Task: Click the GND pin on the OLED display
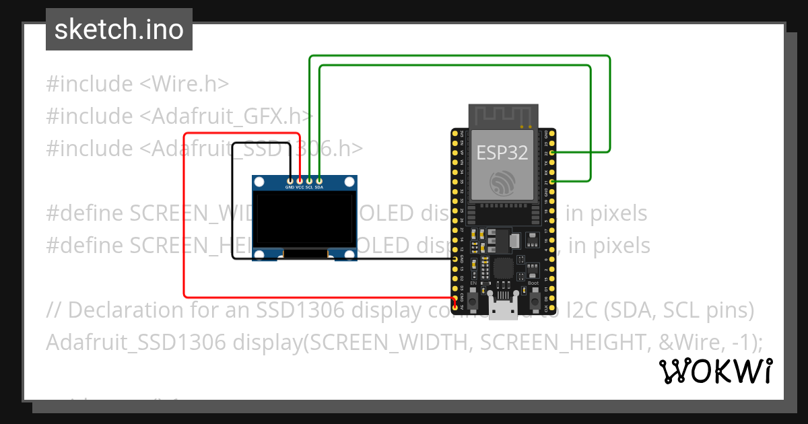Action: click(x=290, y=180)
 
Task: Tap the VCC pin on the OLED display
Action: click(x=300, y=180)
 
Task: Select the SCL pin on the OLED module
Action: click(x=309, y=180)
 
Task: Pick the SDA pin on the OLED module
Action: click(x=319, y=180)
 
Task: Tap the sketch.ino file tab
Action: click(x=119, y=30)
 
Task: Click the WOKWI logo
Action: click(x=715, y=371)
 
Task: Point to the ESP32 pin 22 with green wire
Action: click(x=552, y=153)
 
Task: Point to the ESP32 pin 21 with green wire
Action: click(x=552, y=182)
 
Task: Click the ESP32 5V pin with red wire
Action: click(x=456, y=307)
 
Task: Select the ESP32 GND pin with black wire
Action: click(x=456, y=258)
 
